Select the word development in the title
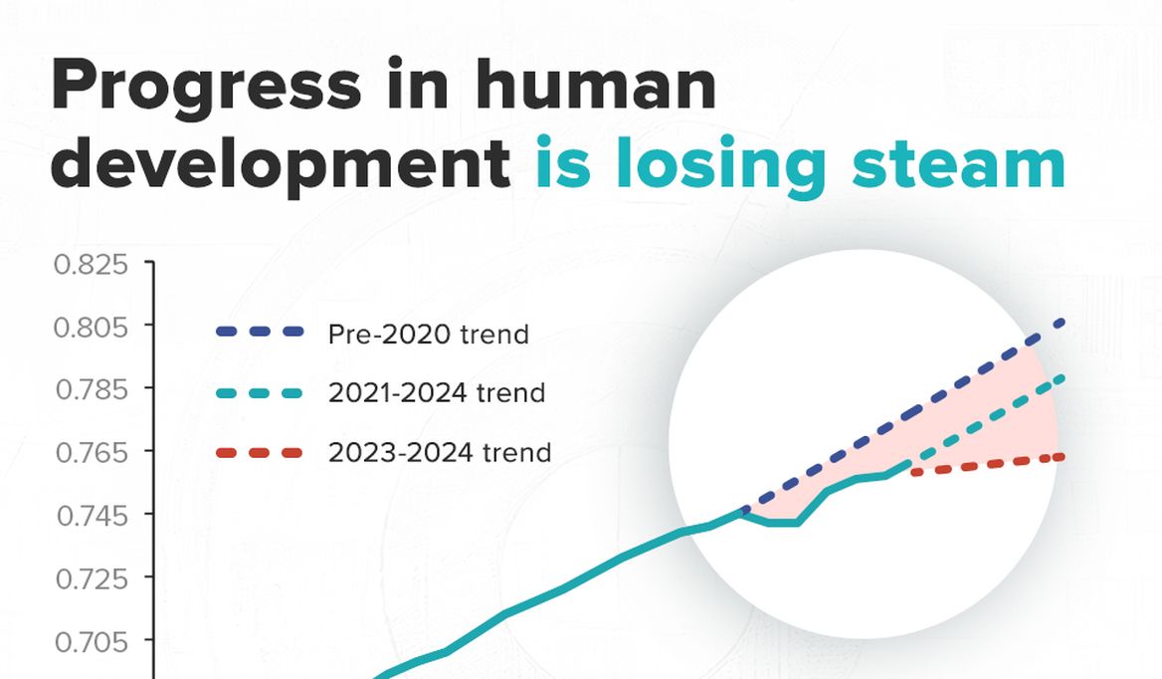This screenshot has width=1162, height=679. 281,163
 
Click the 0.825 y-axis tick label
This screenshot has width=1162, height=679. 92,264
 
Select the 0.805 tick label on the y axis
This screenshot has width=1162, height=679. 92,327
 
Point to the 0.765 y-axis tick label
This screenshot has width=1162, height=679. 92,451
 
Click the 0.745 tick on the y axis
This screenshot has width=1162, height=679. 92,515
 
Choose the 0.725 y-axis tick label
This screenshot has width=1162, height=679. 92,577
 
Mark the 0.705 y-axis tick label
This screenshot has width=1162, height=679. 92,640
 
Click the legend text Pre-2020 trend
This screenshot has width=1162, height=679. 429,335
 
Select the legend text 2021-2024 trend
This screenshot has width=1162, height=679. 437,392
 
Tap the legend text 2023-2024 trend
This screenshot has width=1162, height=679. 440,452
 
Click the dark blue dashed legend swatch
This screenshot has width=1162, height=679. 260,333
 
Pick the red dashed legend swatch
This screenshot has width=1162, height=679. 260,452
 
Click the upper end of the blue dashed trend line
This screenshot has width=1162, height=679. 1063,322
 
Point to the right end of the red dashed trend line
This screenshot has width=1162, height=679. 1063,457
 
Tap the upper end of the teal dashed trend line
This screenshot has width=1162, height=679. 1063,378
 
